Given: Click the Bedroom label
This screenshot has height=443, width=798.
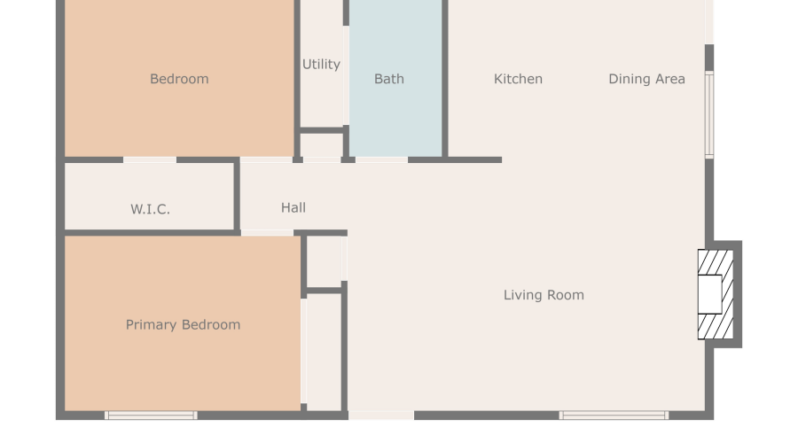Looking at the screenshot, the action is tap(179, 79).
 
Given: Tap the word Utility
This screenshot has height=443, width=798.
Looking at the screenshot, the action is tap(321, 65).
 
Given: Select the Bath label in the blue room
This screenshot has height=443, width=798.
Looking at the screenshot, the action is tap(389, 79).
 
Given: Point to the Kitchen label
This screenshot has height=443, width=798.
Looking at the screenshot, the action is tap(518, 79).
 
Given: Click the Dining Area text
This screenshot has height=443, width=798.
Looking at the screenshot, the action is tap(647, 79).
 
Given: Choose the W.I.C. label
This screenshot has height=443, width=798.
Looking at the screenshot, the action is tap(150, 209).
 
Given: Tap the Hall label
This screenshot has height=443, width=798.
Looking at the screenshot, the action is tap(293, 207).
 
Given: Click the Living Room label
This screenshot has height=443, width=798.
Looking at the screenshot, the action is tap(544, 295).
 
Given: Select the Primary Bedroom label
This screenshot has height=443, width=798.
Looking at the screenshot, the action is tap(183, 324).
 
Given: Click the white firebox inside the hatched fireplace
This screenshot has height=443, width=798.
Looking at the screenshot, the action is tap(709, 294).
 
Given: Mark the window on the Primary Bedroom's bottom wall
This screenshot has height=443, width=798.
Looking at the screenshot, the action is tap(151, 416).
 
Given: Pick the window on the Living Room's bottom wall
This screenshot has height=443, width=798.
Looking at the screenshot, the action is tap(614, 416).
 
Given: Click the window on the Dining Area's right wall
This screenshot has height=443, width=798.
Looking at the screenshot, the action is tap(709, 114).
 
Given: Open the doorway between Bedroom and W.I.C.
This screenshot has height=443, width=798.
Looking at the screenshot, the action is tap(150, 160).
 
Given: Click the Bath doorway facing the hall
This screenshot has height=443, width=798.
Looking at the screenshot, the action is tap(381, 160).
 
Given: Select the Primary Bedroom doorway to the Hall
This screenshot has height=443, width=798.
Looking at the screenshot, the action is tap(267, 233).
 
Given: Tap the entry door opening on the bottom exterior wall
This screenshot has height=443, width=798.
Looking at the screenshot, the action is tap(381, 416).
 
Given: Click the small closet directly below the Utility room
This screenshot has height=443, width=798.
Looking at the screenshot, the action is tap(321, 145).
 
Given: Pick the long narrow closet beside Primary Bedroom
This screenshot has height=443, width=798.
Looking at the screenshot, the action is tap(324, 352).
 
